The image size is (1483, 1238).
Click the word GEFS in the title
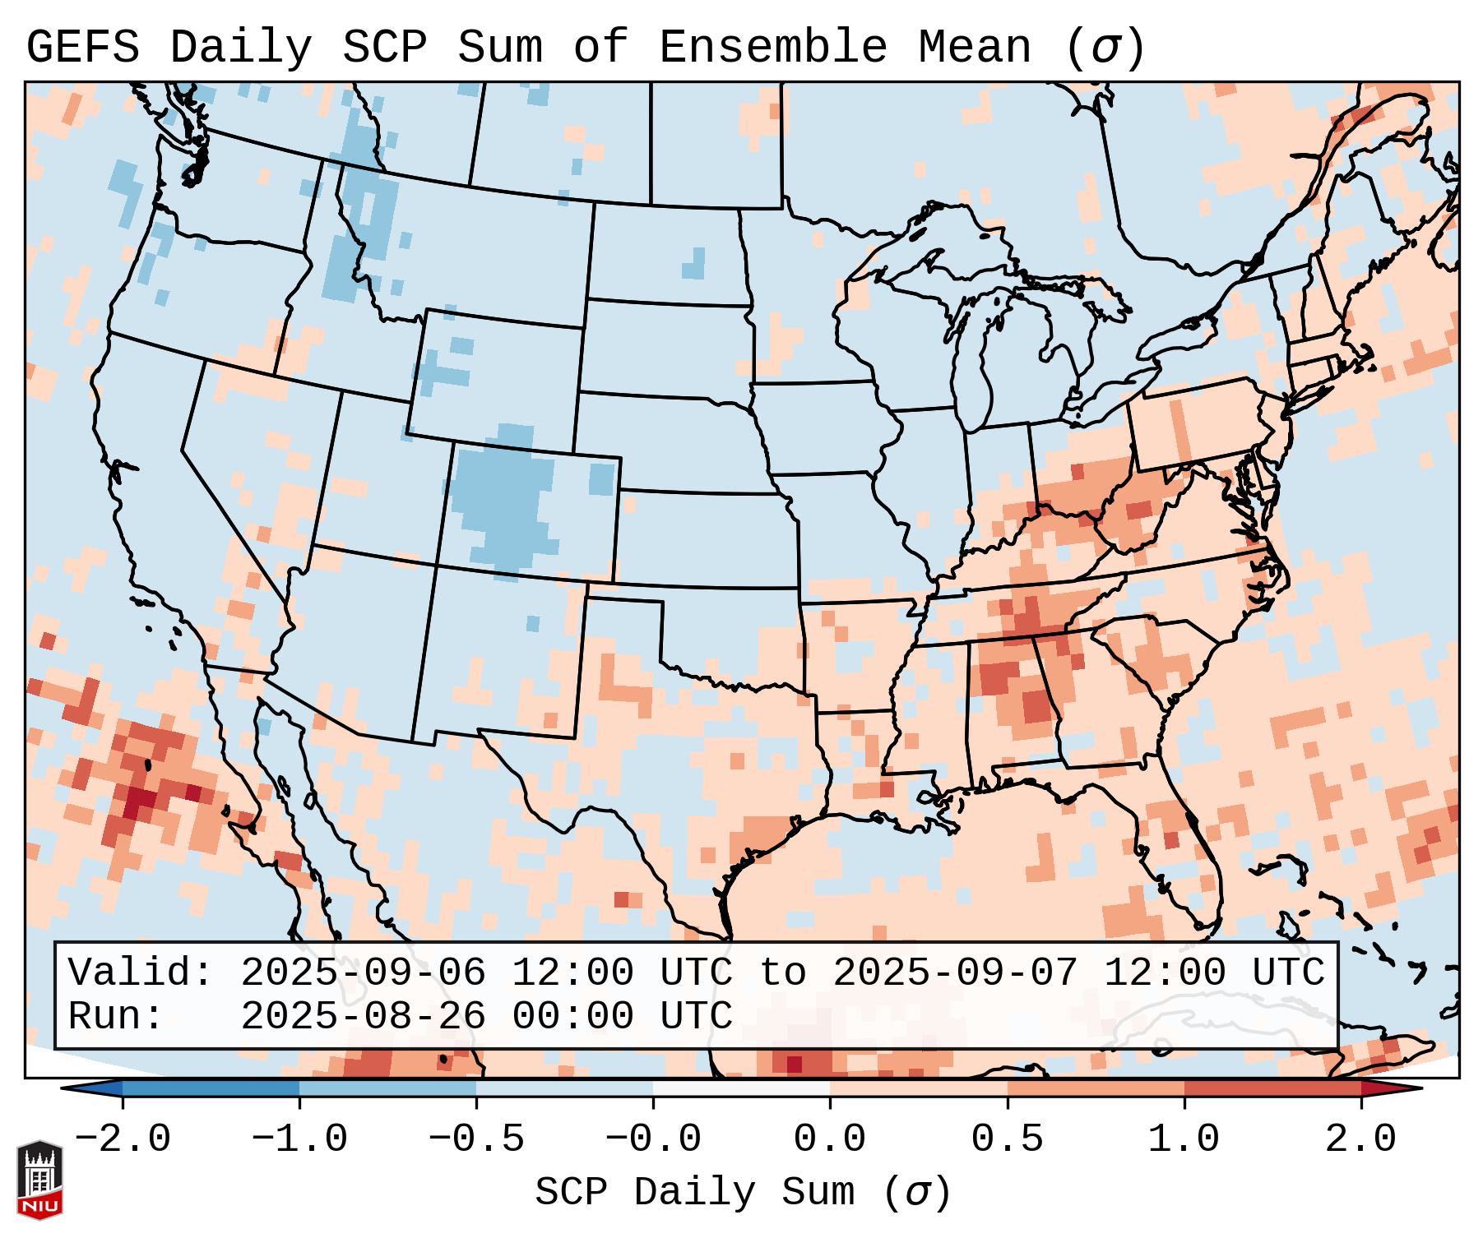pyautogui.click(x=82, y=48)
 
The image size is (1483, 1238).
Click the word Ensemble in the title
pyautogui.click(x=773, y=48)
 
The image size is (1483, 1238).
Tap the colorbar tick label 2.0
pyautogui.click(x=1361, y=1139)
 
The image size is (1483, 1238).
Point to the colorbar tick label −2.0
pyautogui.click(x=123, y=1139)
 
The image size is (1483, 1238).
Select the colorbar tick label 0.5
pyautogui.click(x=1007, y=1139)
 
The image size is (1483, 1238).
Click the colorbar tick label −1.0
pyautogui.click(x=299, y=1139)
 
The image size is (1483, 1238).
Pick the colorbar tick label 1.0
pyautogui.click(x=1184, y=1139)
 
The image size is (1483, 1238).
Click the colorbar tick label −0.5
pyautogui.click(x=476, y=1139)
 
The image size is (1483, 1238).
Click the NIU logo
pyautogui.click(x=39, y=1180)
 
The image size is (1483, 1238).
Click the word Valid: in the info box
pyautogui.click(x=141, y=972)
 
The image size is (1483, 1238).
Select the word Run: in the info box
pyautogui.click(x=116, y=1016)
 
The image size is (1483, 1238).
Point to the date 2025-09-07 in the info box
pyautogui.click(x=955, y=972)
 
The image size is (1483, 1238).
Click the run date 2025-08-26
pyautogui.click(x=363, y=1016)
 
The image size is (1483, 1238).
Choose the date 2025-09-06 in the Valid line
pyautogui.click(x=363, y=972)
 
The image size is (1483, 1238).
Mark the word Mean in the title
pyautogui.click(x=975, y=48)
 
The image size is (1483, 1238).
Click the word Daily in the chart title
pyautogui.click(x=241, y=48)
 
